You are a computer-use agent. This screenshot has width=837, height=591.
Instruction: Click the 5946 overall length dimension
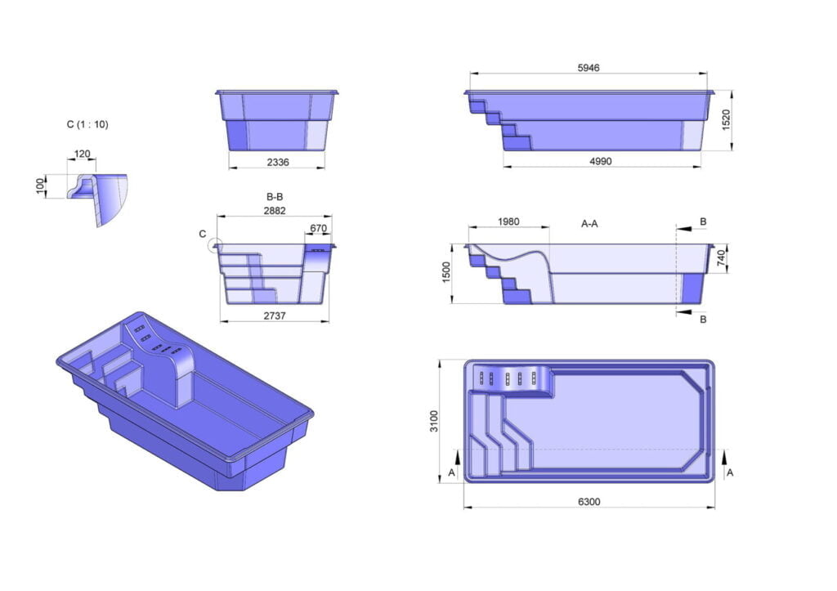589,68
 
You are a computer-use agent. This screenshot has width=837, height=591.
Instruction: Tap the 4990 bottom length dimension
601,161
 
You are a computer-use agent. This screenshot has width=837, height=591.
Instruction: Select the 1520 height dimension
726,120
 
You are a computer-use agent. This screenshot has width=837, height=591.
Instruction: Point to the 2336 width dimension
278,162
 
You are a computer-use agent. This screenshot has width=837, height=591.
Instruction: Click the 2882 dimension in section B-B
275,211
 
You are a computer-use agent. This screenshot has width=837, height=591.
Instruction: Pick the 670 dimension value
318,229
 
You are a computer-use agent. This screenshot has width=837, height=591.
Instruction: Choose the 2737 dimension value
275,316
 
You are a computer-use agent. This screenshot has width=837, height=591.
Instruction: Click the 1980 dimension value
508,222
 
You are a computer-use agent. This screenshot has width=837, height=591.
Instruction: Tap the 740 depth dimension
721,258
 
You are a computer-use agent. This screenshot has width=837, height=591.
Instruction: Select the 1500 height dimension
447,273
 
